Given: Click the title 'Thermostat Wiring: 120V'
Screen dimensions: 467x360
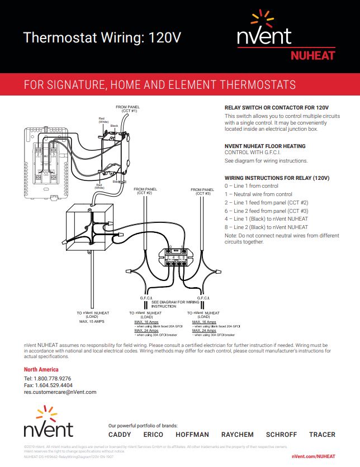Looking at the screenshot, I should pyautogui.click(x=102, y=38).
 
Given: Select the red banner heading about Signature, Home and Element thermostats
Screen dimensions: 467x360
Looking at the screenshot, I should pyautogui.click(x=160, y=85).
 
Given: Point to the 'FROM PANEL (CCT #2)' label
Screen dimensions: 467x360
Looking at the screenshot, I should pyautogui.click(x=143, y=191).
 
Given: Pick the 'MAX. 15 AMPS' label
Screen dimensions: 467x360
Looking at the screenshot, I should pyautogui.click(x=92, y=322).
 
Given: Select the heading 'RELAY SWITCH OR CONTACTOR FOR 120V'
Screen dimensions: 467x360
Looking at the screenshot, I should pyautogui.click(x=276, y=107).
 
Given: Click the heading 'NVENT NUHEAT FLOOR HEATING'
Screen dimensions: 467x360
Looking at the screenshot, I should pyautogui.click(x=264, y=146).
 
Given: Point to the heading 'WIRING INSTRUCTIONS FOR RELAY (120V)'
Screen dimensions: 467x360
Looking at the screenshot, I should pyautogui.click(x=277, y=178).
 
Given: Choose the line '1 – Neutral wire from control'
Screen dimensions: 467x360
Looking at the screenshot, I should pyautogui.click(x=258, y=194).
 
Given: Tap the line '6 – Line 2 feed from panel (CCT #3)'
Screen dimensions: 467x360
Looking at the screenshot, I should pyautogui.click(x=266, y=211).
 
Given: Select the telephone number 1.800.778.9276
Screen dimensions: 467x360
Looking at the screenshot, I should pyautogui.click(x=48, y=378).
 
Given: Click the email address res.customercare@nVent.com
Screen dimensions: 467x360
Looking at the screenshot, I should pyautogui.click(x=60, y=392).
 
